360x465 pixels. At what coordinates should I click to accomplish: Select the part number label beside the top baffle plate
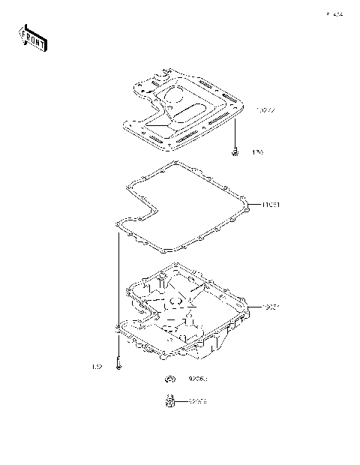[x=265, y=111]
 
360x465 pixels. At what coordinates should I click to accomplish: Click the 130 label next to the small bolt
[x=258, y=152]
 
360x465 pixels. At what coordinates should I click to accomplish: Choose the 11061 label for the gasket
[x=271, y=204]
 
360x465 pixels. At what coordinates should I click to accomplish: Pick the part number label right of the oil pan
[x=271, y=307]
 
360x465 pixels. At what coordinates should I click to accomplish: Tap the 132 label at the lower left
[x=96, y=367]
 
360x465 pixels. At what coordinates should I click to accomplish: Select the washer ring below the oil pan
[x=171, y=378]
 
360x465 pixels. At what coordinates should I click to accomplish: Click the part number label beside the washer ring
[x=197, y=379]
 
